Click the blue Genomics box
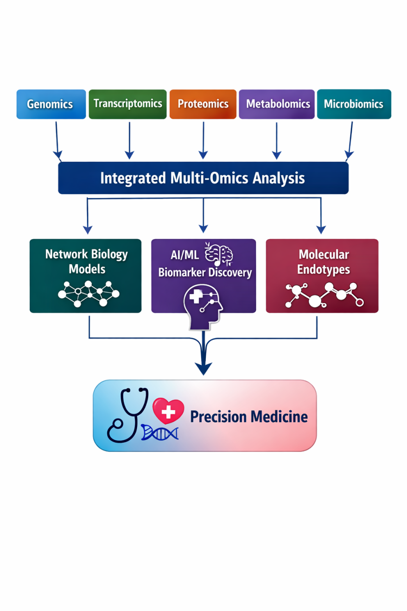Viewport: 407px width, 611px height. coord(51,104)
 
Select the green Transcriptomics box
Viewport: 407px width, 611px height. coord(127,104)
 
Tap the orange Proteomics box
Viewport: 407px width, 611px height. coord(203,104)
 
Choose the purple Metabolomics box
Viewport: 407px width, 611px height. coord(277,104)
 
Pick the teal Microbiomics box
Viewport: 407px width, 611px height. coord(354,104)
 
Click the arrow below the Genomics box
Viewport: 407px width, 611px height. coord(57,140)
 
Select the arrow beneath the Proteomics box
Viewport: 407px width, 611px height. coord(203,140)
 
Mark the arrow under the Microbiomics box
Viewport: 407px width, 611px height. coord(350,140)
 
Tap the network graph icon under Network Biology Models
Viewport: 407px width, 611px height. coord(88,292)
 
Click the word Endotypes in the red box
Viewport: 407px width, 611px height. coord(323,269)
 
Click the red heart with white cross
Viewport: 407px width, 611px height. coord(168,411)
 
